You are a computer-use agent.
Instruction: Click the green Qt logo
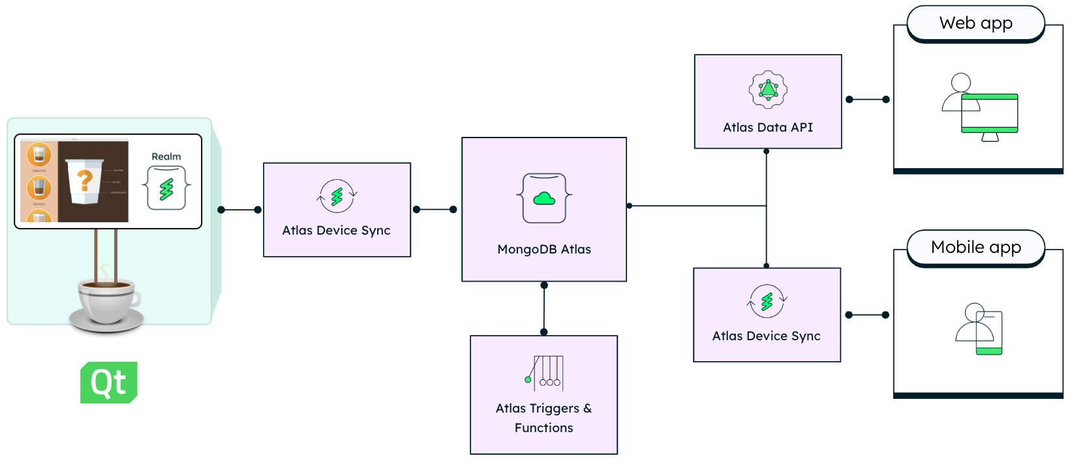coord(108,383)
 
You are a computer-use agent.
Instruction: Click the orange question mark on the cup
coord(85,180)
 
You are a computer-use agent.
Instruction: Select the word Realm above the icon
coord(166,156)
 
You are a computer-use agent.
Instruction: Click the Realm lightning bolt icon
coord(167,188)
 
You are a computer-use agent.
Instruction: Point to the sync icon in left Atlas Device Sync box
coord(337,196)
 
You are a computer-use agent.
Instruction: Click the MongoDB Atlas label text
coord(544,249)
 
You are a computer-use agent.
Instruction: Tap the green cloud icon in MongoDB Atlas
coord(544,199)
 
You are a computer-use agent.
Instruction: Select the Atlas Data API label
coord(768,127)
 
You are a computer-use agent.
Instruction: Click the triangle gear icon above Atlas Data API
coord(768,89)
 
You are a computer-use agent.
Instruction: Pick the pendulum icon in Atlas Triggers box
coord(544,372)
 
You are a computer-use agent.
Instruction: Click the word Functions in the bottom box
coord(543,428)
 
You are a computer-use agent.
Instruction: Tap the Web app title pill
coord(976,23)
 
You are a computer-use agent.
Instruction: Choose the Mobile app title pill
coord(976,248)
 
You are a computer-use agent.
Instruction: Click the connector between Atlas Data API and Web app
coord(867,100)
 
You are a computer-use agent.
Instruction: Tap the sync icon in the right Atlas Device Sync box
coord(767,301)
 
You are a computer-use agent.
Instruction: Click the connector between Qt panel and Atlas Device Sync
coord(239,210)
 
